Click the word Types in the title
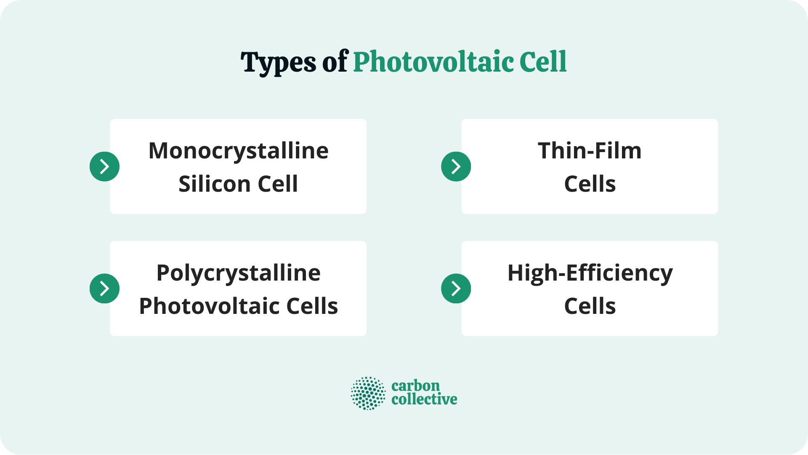pos(278,62)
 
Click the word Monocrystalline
pos(238,150)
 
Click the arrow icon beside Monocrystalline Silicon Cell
pos(104,166)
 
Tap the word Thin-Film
pos(590,150)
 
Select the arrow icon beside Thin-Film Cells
pos(456,166)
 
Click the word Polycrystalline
pos(238,273)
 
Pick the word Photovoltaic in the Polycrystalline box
pos(209,306)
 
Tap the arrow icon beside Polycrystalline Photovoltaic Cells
pos(104,289)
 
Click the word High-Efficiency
pos(590,273)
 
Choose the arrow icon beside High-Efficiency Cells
pos(456,289)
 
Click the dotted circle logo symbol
pos(368,393)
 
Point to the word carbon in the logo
pos(415,385)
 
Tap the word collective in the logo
pos(424,399)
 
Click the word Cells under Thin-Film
pos(590,184)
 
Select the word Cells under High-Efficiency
pos(590,306)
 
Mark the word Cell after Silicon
pos(278,184)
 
